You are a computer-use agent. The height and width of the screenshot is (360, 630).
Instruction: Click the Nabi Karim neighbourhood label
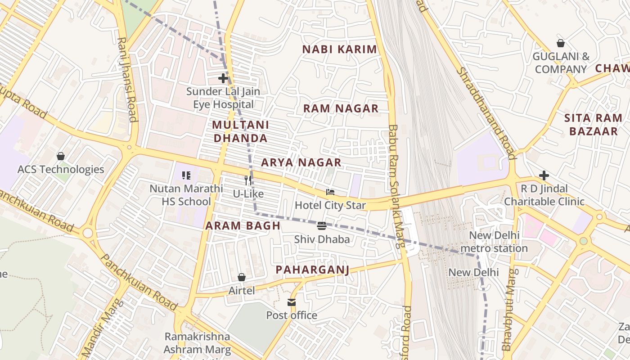click(x=339, y=49)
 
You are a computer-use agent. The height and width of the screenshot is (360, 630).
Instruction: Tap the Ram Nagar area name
click(x=341, y=108)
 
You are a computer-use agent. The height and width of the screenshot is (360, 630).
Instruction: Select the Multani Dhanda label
click(x=240, y=131)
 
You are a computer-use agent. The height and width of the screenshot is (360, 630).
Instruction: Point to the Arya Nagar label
click(x=301, y=162)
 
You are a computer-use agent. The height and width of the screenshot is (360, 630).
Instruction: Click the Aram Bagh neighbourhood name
click(x=243, y=226)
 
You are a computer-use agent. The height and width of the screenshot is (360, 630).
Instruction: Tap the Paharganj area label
click(x=312, y=270)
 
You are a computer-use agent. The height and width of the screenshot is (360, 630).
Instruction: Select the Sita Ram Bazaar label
click(x=593, y=125)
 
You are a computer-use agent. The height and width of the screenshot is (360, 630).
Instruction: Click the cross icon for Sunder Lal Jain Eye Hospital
click(x=223, y=78)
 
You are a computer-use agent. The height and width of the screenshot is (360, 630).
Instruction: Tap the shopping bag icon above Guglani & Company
click(x=561, y=43)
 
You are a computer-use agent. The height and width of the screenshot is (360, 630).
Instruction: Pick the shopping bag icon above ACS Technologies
click(x=61, y=156)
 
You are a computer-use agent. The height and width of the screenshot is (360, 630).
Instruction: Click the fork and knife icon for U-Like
click(x=248, y=180)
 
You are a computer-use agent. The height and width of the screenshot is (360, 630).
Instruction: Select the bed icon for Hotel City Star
click(x=330, y=192)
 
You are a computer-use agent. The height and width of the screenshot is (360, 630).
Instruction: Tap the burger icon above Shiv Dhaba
click(x=322, y=226)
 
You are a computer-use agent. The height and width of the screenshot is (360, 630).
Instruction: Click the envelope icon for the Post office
click(x=292, y=302)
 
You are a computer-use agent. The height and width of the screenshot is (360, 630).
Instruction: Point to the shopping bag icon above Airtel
click(x=242, y=277)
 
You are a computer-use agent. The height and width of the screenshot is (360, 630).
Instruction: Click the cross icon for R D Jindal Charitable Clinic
click(x=544, y=175)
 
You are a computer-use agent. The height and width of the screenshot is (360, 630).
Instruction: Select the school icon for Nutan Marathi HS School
click(x=186, y=175)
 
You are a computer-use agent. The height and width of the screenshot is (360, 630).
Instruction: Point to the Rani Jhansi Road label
click(x=127, y=79)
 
